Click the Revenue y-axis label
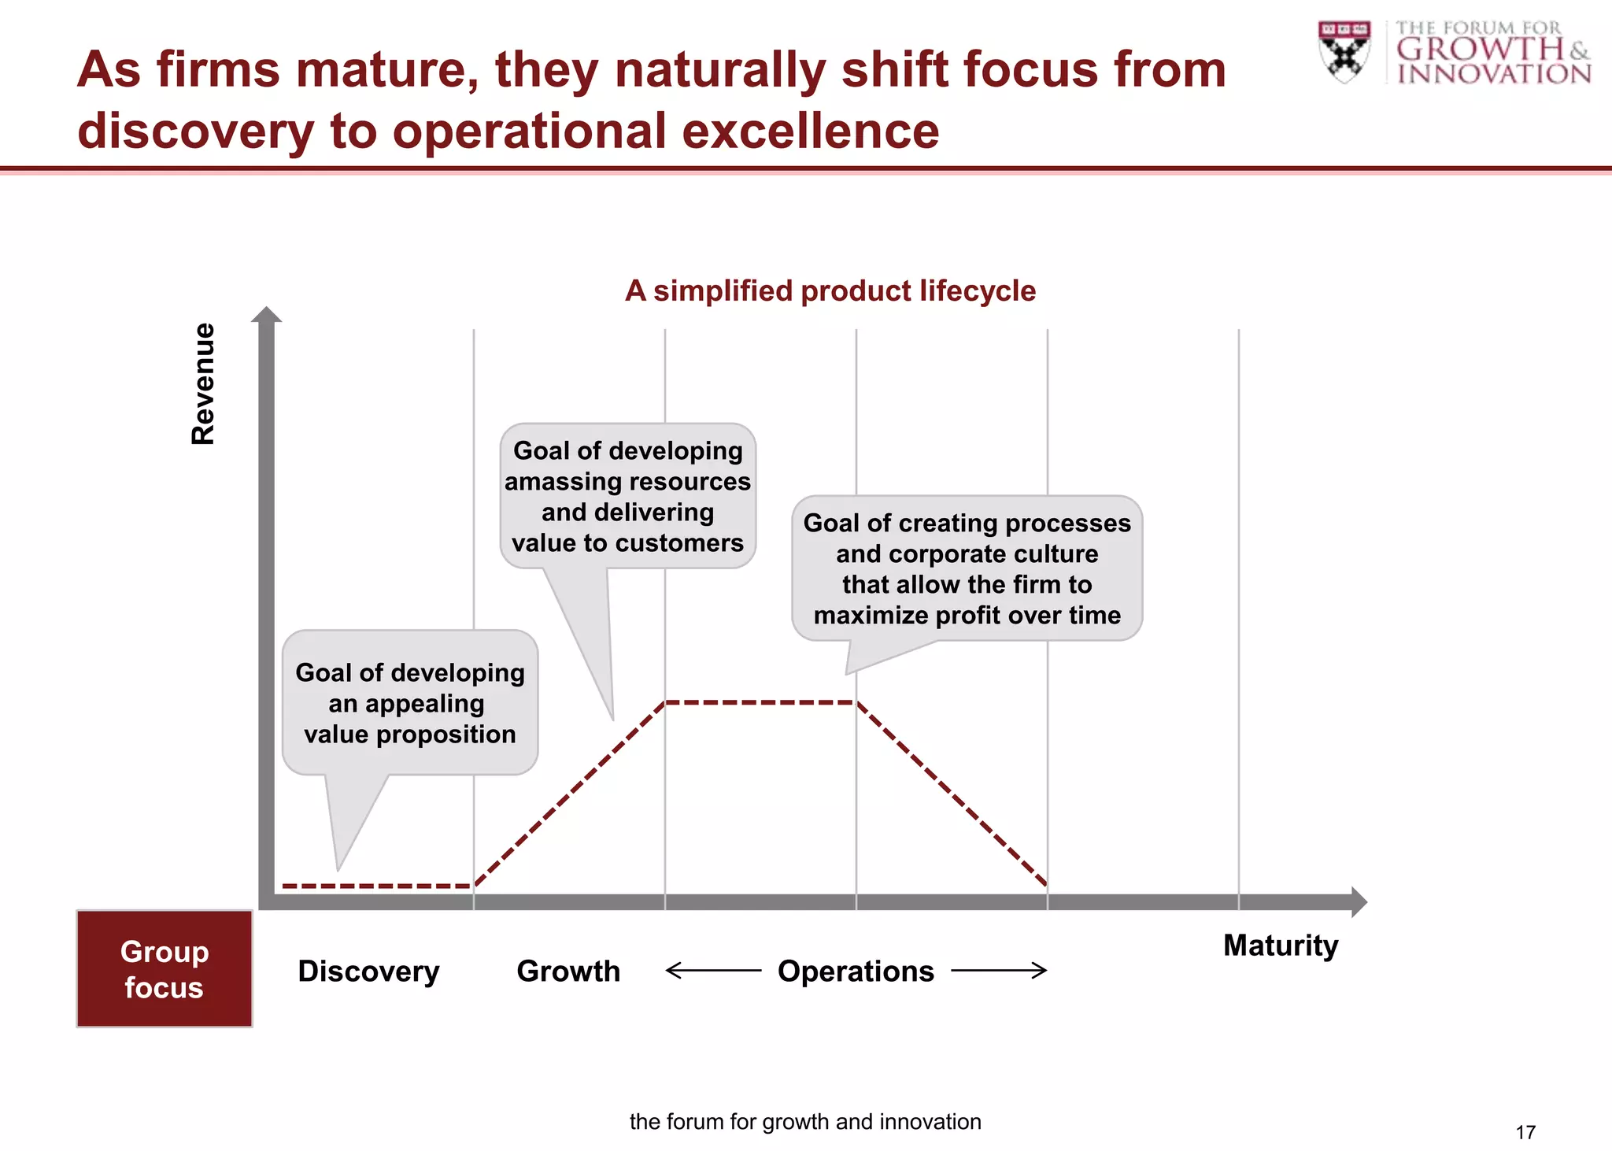pyautogui.click(x=203, y=383)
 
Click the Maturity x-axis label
pyautogui.click(x=1280, y=945)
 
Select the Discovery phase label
pyautogui.click(x=368, y=971)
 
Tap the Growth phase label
pyautogui.click(x=568, y=971)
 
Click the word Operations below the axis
pyautogui.click(x=856, y=971)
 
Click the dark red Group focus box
pyautogui.click(x=165, y=969)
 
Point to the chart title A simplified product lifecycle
pyautogui.click(x=830, y=291)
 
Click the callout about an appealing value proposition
pyautogui.click(x=410, y=702)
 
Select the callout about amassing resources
pyautogui.click(x=627, y=496)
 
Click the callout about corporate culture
pyautogui.click(x=967, y=568)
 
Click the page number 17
pyautogui.click(x=1525, y=1132)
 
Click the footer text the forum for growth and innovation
pyautogui.click(x=805, y=1121)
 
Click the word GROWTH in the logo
pyautogui.click(x=1480, y=49)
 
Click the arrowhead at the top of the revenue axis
pyautogui.click(x=266, y=315)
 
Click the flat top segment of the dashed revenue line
pyautogui.click(x=760, y=702)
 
